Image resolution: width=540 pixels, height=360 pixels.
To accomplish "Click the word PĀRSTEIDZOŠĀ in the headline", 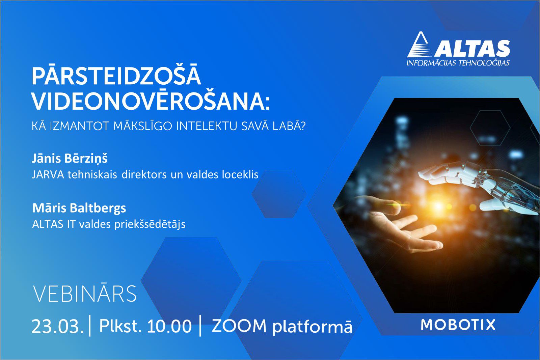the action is pos(116,74).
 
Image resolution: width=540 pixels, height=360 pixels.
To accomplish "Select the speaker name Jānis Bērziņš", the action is pos(70,159).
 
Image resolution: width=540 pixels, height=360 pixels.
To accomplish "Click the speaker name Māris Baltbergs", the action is pos(79,208).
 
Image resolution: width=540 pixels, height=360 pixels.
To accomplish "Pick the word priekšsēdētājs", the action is pos(150,224).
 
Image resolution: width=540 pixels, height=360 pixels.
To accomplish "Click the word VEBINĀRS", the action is pos(85,294).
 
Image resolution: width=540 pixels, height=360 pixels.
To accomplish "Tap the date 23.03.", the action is pos(58,327).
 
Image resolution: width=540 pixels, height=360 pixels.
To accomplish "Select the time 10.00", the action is pos(169,326).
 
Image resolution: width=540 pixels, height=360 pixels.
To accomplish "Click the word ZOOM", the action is pos(239,326).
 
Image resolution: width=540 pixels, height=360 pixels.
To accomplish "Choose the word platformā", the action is pos(313,327).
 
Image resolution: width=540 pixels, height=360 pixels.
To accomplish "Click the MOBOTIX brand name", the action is pos(458,325).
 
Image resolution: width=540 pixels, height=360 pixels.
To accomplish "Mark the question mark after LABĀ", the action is pos(303,126).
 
